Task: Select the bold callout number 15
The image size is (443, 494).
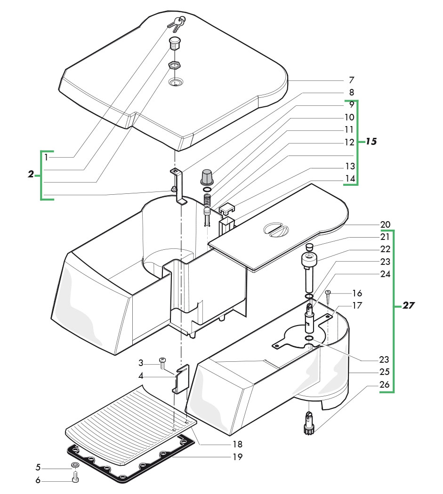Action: [371, 141]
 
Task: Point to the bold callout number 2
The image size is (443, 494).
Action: [31, 174]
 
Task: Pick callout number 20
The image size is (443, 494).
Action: [386, 224]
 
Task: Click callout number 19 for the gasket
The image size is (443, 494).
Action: [238, 456]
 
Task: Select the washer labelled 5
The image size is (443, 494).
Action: [75, 466]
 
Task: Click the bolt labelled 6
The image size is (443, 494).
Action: [75, 479]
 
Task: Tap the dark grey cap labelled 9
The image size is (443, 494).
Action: [207, 176]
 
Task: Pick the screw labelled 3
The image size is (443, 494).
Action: [163, 363]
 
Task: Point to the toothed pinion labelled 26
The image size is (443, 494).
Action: [309, 426]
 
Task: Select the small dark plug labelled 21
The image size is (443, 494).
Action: [310, 247]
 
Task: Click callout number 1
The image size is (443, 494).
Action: [46, 157]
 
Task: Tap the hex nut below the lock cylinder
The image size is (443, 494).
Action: [175, 65]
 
